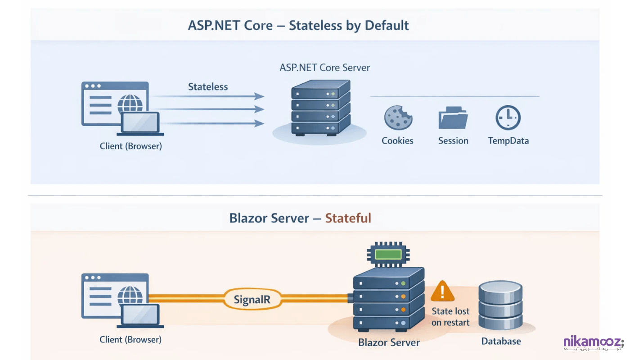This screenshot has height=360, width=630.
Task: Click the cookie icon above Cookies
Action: [x=398, y=118]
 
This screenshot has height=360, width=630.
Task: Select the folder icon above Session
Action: [x=453, y=119]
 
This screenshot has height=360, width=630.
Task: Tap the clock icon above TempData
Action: [x=508, y=118]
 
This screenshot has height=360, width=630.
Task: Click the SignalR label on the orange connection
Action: [x=252, y=299]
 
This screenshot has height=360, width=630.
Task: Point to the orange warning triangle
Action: [x=443, y=292]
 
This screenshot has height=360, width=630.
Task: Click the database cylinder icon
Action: [x=500, y=306]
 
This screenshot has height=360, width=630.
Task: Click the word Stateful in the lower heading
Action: [x=348, y=218]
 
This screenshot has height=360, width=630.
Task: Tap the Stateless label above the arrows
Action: [x=208, y=87]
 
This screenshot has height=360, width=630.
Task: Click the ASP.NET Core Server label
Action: [x=324, y=68]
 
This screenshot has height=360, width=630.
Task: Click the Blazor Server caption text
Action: [x=389, y=342]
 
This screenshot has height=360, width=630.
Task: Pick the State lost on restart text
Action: [x=450, y=317]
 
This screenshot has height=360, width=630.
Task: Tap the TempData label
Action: [x=508, y=141]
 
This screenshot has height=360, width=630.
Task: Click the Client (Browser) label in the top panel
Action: [x=130, y=146]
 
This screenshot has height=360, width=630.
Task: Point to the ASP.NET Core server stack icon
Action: [x=320, y=108]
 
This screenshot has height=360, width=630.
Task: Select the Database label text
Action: [x=501, y=341]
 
